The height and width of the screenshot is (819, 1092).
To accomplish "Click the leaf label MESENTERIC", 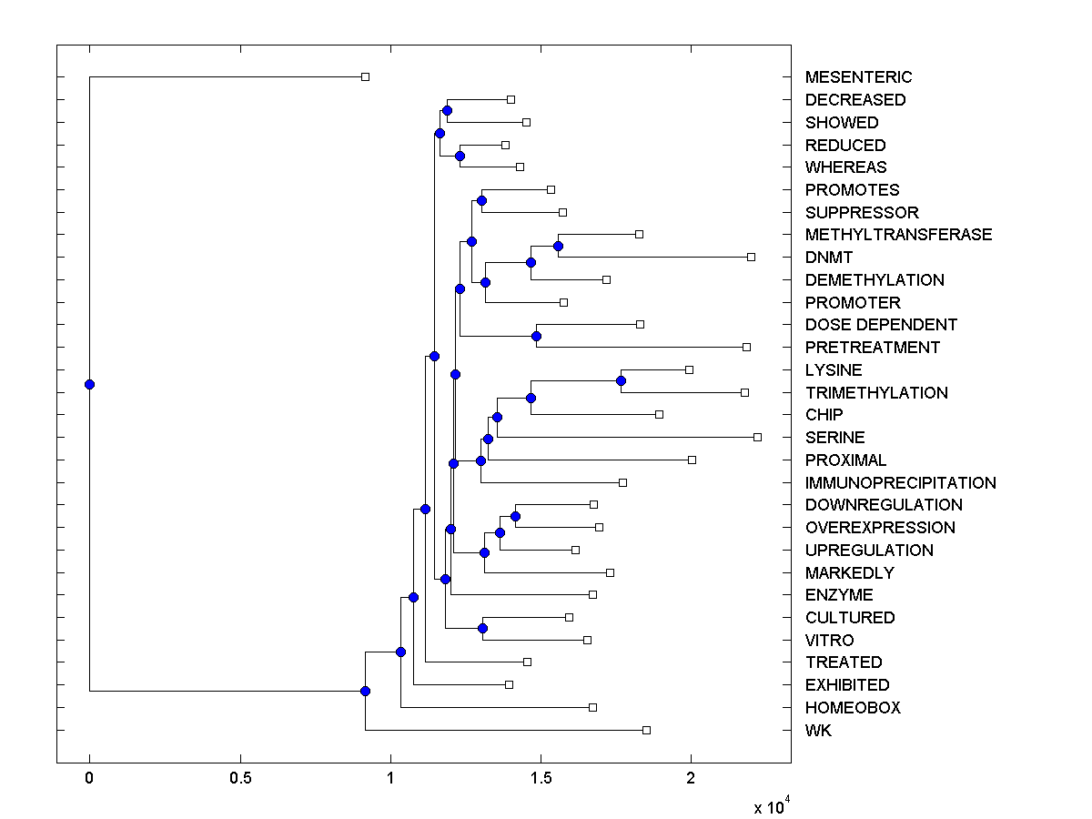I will pyautogui.click(x=858, y=77).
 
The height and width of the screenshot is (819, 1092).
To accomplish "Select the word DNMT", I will pyautogui.click(x=829, y=258).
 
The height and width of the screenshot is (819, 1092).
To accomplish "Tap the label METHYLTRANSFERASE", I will pyautogui.click(x=898, y=235).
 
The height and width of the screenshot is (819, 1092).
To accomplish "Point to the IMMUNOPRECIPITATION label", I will pyautogui.click(x=900, y=483).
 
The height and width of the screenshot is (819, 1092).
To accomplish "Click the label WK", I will pyautogui.click(x=818, y=731).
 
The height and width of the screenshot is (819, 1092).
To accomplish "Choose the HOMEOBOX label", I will pyautogui.click(x=853, y=708).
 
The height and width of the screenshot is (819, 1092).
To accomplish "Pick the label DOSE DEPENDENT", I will pyautogui.click(x=881, y=325).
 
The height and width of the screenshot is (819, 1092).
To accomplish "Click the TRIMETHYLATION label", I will pyautogui.click(x=876, y=393).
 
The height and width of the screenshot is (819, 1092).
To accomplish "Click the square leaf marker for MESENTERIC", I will pyautogui.click(x=365, y=77).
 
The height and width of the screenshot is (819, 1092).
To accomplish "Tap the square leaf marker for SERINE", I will pyautogui.click(x=757, y=438).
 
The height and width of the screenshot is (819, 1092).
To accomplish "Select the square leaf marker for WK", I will pyautogui.click(x=646, y=730).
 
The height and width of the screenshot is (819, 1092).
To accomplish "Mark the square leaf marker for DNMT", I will pyautogui.click(x=751, y=257).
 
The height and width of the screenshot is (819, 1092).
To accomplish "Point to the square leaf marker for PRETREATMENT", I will pyautogui.click(x=746, y=347).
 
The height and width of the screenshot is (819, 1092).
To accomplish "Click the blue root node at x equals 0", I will pyautogui.click(x=89, y=384).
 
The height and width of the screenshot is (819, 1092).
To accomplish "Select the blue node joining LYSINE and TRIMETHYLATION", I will pyautogui.click(x=621, y=380).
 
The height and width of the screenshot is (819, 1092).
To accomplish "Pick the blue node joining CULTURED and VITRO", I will pyautogui.click(x=482, y=628).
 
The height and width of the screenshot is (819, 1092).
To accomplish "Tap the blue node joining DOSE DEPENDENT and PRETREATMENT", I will pyautogui.click(x=536, y=337).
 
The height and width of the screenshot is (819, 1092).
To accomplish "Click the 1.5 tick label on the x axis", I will pyautogui.click(x=541, y=779).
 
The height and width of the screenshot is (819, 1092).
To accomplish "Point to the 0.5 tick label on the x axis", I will pyautogui.click(x=240, y=779).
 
